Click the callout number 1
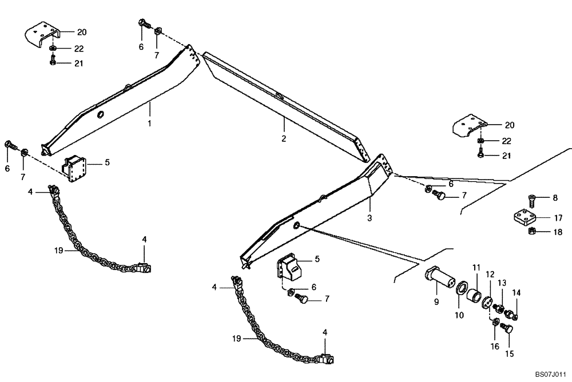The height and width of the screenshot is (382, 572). click(x=150, y=123)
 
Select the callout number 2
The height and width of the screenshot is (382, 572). click(x=284, y=138)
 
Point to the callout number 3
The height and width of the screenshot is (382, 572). click(x=370, y=218)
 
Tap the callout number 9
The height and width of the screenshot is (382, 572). click(x=436, y=302)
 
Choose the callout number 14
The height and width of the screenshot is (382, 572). click(x=516, y=293)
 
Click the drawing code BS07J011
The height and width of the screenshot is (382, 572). click(x=546, y=374)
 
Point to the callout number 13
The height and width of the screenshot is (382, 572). click(x=502, y=283)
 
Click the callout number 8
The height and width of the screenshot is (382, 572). click(x=554, y=198)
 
